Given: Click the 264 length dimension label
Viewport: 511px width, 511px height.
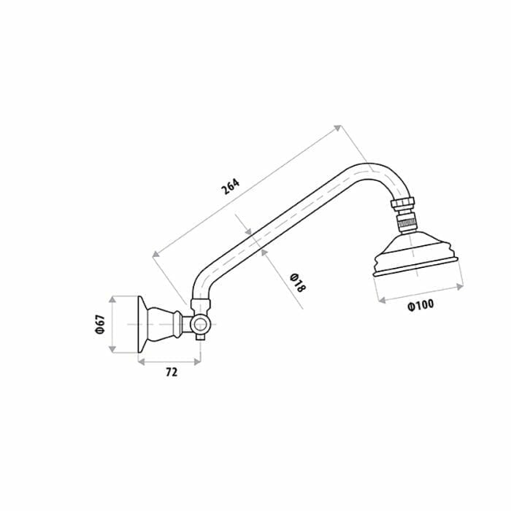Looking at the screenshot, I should (x=230, y=187).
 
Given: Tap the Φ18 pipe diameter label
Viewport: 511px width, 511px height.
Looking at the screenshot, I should (x=297, y=282).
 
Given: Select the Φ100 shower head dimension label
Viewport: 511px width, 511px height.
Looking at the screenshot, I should (x=420, y=305).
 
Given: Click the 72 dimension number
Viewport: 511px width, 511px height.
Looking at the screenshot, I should (x=171, y=372).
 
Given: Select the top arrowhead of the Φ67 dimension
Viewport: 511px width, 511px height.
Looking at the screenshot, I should (x=112, y=299).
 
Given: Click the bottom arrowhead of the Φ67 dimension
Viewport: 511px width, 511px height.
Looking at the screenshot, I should (x=112, y=349).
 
